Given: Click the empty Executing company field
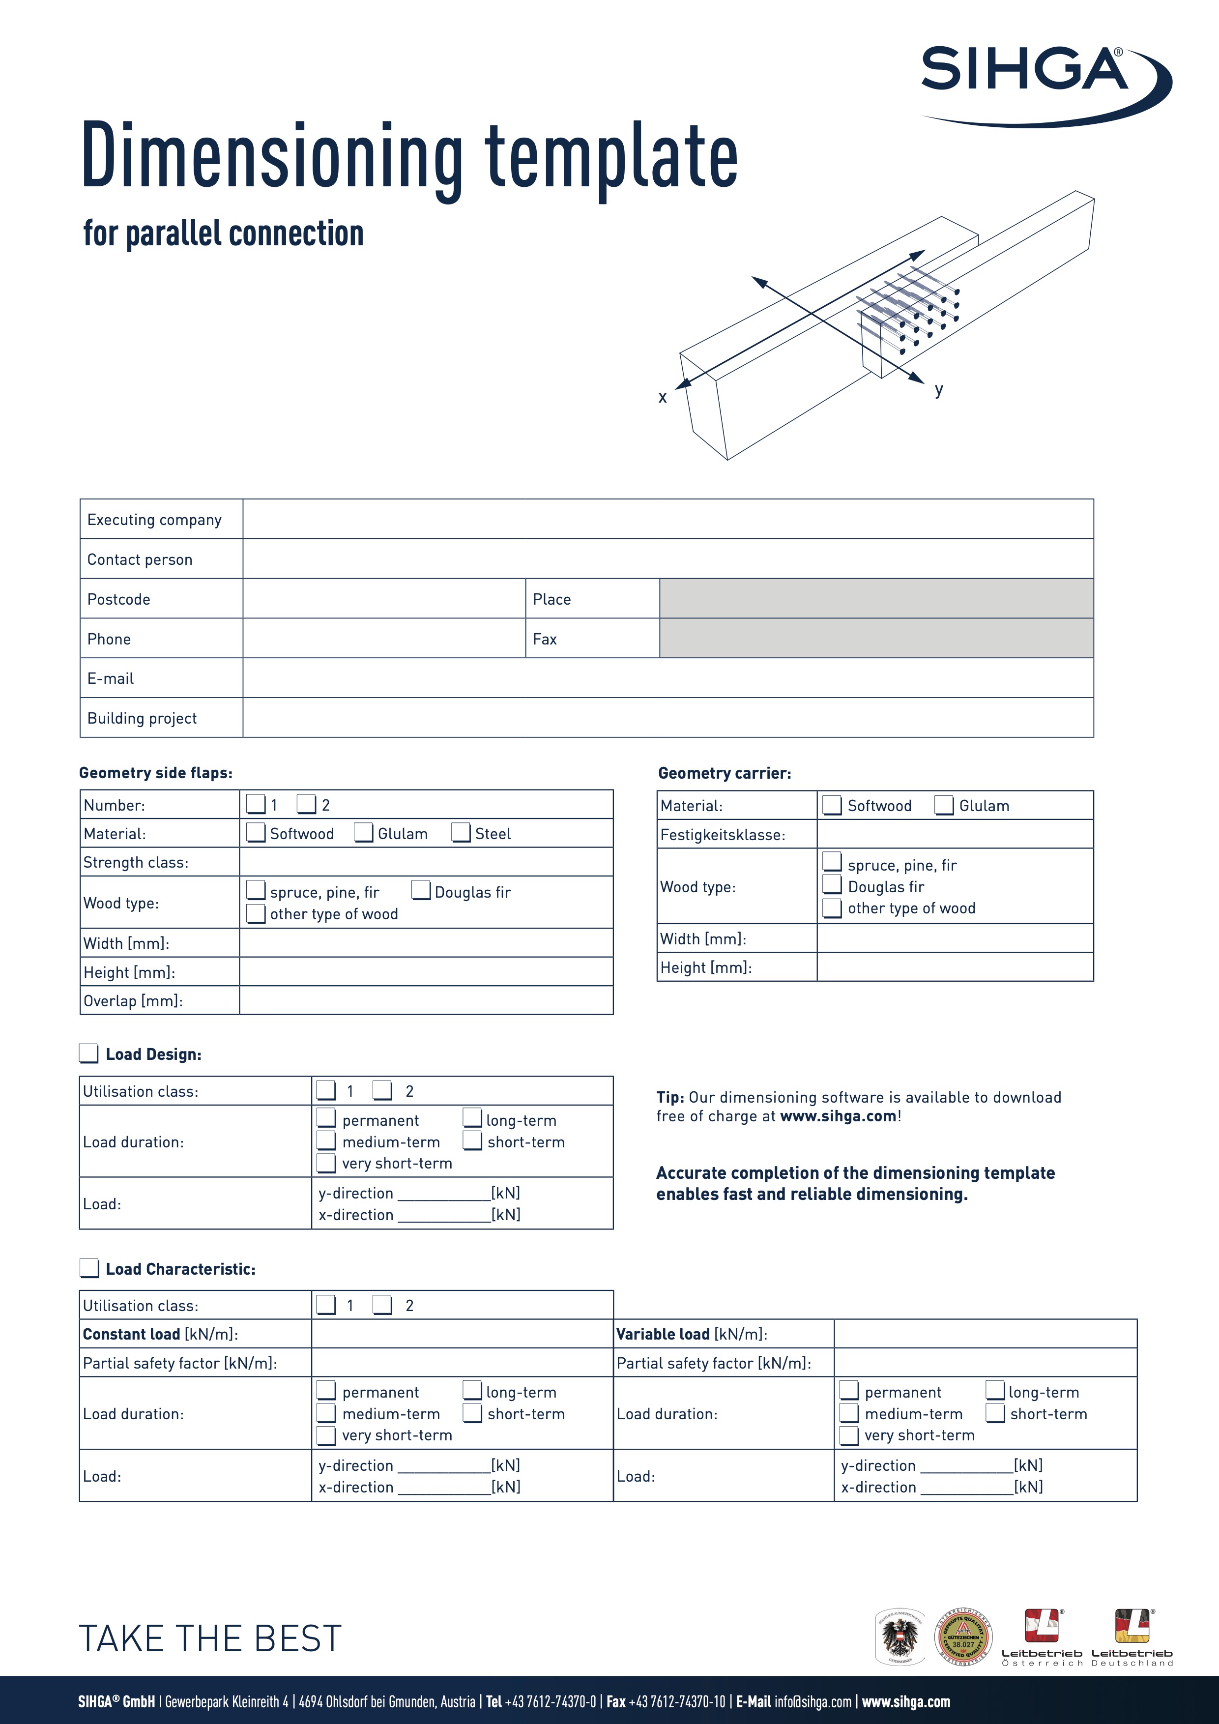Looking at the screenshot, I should pos(668,519).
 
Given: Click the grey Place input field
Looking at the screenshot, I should pos(876,598).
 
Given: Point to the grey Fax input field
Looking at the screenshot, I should pos(876,638).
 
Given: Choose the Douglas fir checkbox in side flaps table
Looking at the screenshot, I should pos(421,891).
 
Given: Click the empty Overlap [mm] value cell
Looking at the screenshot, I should pos(426,1000).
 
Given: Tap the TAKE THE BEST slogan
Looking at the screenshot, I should pos(210,1638).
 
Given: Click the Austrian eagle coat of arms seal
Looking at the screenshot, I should pos(901,1636).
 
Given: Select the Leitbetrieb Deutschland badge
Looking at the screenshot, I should pos(1132,1637).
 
